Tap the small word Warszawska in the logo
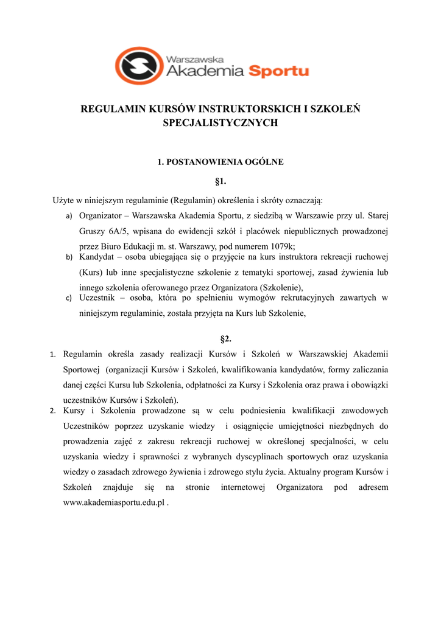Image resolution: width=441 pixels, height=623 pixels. pyautogui.click(x=195, y=59)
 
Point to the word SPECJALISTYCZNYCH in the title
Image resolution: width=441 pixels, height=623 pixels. pyautogui.click(x=220, y=123)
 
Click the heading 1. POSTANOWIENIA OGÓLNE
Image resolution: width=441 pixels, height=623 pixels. pyautogui.click(x=220, y=162)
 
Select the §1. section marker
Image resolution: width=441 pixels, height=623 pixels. pyautogui.click(x=220, y=181)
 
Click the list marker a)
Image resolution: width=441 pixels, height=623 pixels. pyautogui.click(x=69, y=216)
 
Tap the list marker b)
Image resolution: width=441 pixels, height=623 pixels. pyautogui.click(x=69, y=257)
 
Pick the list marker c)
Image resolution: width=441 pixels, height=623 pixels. pyautogui.click(x=69, y=298)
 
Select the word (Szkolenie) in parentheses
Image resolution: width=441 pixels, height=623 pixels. pyautogui.click(x=280, y=288)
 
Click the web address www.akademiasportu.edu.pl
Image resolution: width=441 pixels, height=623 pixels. pyautogui.click(x=114, y=503)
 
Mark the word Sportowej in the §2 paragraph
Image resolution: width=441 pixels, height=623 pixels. pyautogui.click(x=82, y=369)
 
